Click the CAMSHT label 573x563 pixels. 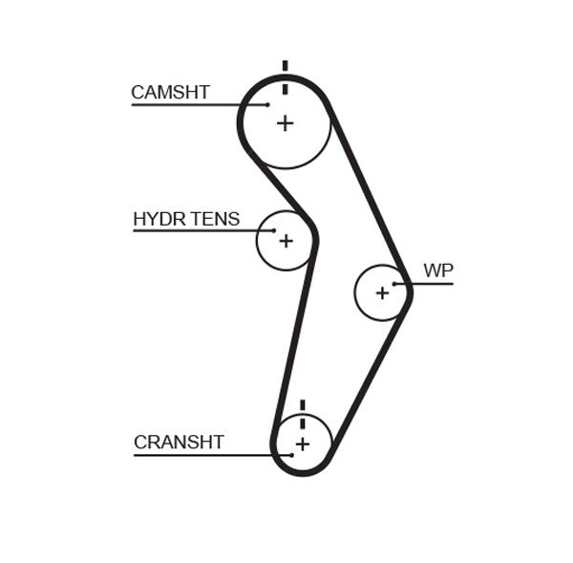(170, 93)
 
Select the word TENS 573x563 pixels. (215, 219)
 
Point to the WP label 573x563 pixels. (438, 271)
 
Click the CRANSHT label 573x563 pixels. (179, 443)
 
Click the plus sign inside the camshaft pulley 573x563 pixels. (285, 122)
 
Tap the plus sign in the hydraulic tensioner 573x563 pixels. (285, 241)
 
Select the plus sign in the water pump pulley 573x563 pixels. (382, 292)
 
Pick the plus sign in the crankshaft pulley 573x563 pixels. (302, 444)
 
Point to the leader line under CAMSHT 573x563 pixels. (191, 104)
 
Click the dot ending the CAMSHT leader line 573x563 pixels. (268, 104)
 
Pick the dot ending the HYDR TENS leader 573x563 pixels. (274, 230)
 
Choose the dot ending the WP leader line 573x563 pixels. (394, 284)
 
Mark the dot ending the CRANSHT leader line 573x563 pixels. (291, 455)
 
